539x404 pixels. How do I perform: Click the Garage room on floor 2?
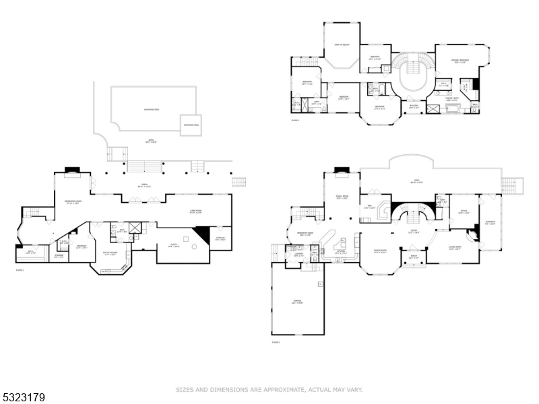(x=297, y=302)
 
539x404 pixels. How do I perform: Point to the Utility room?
(x=173, y=246)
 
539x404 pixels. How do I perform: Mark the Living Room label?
(x=454, y=248)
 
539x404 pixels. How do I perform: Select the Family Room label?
(x=342, y=197)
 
